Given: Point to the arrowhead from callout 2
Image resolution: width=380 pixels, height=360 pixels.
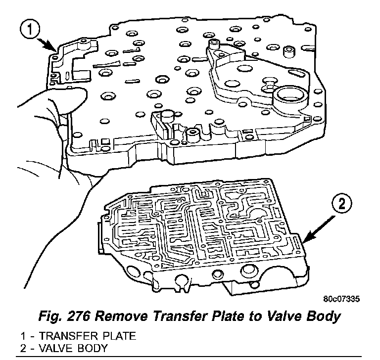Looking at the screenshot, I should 303,242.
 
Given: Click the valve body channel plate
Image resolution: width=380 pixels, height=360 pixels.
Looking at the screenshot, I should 203,227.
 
